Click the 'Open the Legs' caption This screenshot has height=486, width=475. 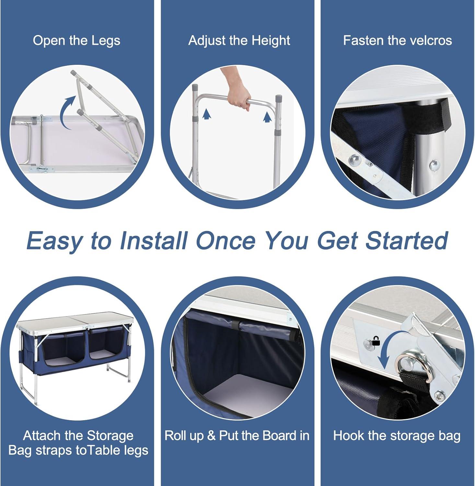76,41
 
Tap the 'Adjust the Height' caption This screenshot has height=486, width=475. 239,41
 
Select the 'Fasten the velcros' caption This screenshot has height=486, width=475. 398,40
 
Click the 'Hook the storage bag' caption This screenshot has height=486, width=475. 397,436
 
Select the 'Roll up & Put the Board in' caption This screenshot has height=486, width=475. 237,436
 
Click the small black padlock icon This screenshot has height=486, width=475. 376,341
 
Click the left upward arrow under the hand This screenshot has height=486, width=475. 204,114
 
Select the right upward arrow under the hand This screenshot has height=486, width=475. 267,117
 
